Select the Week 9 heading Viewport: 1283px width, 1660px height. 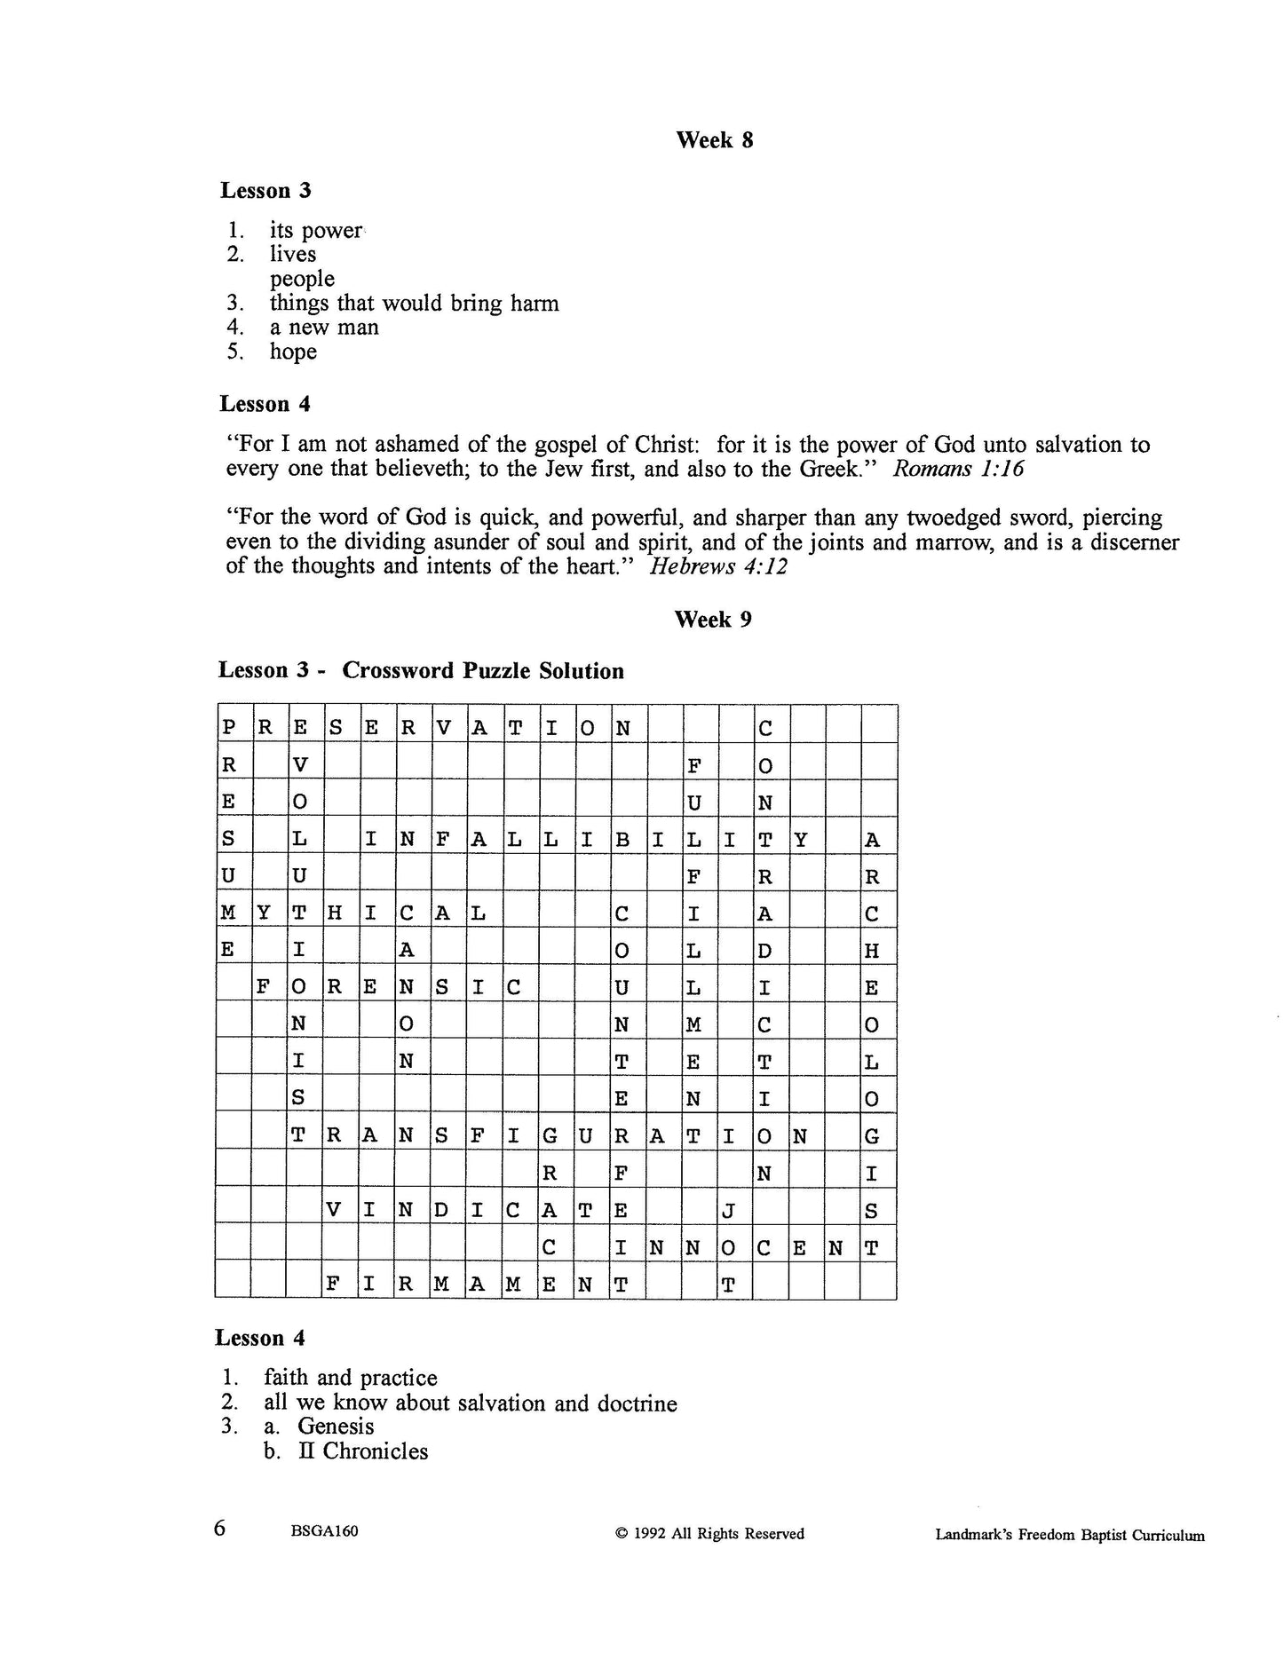(x=712, y=620)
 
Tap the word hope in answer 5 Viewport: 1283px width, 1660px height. (x=293, y=352)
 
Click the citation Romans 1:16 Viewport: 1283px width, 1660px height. (x=957, y=469)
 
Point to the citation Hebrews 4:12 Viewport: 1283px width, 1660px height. (x=718, y=566)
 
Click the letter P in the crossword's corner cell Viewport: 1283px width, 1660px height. (x=229, y=729)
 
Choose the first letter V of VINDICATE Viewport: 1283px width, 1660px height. (x=335, y=1210)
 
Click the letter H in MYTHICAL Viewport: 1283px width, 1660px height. (x=335, y=913)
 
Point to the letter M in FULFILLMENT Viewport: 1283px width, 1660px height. (x=693, y=1025)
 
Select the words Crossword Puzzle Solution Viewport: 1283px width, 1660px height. (x=483, y=671)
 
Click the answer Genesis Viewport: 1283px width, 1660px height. (x=336, y=1427)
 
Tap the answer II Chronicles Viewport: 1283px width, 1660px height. (x=363, y=1451)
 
